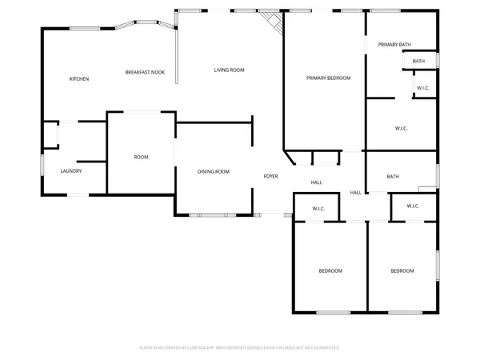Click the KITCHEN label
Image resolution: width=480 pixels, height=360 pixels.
[x=78, y=78]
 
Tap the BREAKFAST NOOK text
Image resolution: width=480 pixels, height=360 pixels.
[x=145, y=73]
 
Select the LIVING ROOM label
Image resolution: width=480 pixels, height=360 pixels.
[x=229, y=70]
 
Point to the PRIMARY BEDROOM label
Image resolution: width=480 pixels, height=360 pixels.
[x=328, y=78]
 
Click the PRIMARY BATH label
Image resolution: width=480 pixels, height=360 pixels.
[x=394, y=45]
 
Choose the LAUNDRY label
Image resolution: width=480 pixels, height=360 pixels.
[x=71, y=171]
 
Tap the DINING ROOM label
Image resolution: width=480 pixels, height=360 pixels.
[x=214, y=171]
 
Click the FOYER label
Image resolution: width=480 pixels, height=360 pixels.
[x=271, y=175]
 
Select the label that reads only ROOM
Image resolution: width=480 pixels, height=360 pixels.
[x=141, y=157]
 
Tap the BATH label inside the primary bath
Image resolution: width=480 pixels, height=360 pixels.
[x=418, y=62]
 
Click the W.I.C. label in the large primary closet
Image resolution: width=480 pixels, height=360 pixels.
[x=402, y=128]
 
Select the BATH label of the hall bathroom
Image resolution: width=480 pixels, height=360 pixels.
[x=393, y=177]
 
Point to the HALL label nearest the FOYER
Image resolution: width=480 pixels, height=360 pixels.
[x=317, y=183]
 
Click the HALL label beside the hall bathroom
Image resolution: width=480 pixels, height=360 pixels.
[x=356, y=193]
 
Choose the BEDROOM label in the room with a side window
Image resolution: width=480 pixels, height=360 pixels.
[x=402, y=271]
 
